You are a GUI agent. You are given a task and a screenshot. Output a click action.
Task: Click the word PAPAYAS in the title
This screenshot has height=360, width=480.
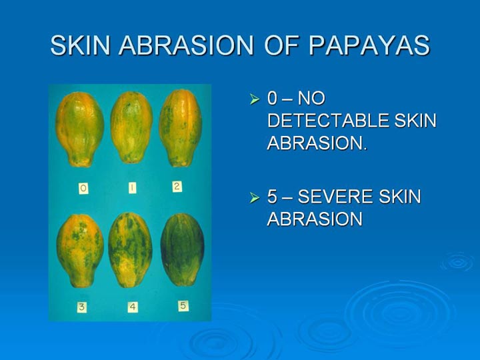(369, 45)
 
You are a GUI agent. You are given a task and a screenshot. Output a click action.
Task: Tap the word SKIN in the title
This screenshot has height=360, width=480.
(80, 45)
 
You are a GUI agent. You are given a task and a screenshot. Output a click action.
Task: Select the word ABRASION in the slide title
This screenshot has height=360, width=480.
(187, 45)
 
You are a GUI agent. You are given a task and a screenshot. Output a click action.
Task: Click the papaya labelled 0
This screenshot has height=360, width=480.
(79, 129)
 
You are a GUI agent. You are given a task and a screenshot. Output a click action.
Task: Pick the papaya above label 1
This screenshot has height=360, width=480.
(131, 127)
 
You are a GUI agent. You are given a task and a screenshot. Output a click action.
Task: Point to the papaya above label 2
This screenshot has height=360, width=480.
(181, 128)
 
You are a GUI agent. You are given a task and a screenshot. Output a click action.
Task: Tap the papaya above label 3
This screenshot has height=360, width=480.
(80, 251)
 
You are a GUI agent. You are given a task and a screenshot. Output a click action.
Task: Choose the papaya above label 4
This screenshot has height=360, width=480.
(131, 250)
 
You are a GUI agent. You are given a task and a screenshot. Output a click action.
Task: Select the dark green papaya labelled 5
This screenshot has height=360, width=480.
(183, 249)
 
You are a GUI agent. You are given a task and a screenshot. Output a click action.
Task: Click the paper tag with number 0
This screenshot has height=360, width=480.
(83, 188)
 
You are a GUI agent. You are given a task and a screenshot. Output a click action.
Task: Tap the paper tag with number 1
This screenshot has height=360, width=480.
(132, 188)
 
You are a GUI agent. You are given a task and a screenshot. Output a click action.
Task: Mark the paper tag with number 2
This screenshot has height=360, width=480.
(177, 187)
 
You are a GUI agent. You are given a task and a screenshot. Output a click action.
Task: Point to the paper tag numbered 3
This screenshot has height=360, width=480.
(82, 307)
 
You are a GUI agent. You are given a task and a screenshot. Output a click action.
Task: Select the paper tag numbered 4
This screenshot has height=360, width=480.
(133, 307)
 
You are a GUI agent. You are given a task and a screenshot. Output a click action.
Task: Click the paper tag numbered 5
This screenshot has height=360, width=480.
(183, 306)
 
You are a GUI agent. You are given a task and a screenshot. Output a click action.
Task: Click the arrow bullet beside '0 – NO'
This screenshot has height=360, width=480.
(255, 99)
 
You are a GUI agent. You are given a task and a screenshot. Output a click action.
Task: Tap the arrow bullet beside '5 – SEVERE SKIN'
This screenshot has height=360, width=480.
(255, 197)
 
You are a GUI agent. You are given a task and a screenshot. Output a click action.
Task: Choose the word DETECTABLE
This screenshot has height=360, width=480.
(328, 121)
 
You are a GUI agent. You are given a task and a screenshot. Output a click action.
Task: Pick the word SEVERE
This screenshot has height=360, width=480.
(335, 197)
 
